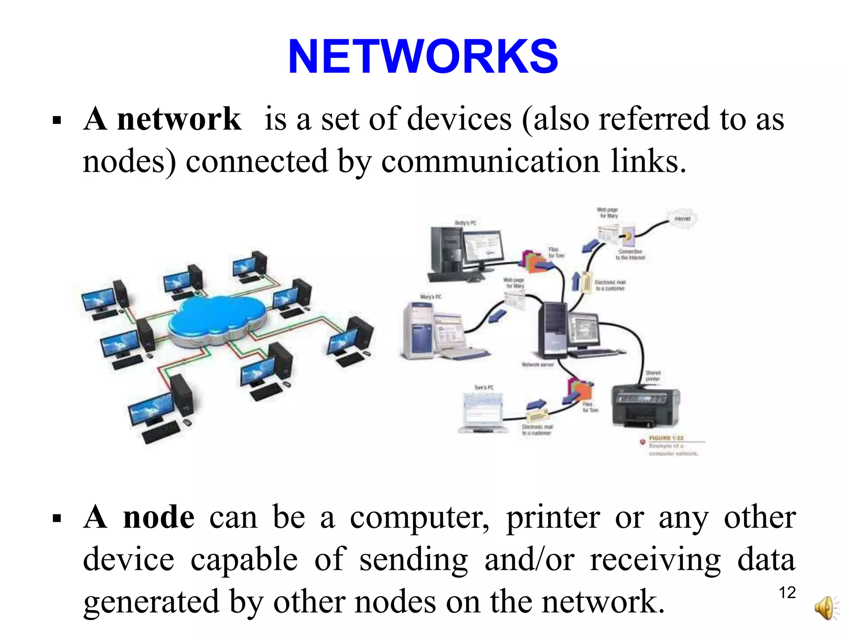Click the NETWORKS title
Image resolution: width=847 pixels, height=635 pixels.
coord(423,57)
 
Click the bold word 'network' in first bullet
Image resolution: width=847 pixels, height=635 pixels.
coord(179,119)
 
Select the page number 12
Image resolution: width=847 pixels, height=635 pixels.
coord(787,593)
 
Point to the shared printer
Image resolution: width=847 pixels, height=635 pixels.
coord(645,407)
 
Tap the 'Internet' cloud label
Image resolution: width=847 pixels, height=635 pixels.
coord(682,219)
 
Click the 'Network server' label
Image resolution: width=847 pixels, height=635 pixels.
coord(537,365)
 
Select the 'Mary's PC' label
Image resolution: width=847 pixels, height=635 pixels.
coord(431,296)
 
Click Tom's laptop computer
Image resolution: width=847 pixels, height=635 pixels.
coord(483,413)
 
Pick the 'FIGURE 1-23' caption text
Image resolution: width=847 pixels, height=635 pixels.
coord(666,438)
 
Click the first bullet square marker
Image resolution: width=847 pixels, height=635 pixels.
coord(57,121)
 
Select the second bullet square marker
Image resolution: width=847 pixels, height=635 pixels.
coord(57,518)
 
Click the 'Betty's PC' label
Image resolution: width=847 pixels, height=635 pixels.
coord(465,223)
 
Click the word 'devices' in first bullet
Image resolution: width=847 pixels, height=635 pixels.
coord(459,119)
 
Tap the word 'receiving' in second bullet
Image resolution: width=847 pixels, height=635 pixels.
coord(655,559)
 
